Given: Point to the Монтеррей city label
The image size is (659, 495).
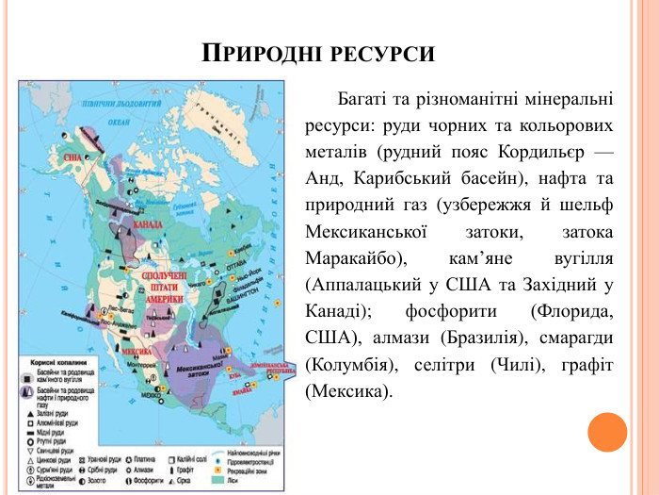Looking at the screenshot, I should click(137, 364).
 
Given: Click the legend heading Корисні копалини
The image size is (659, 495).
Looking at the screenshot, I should click(56, 361).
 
